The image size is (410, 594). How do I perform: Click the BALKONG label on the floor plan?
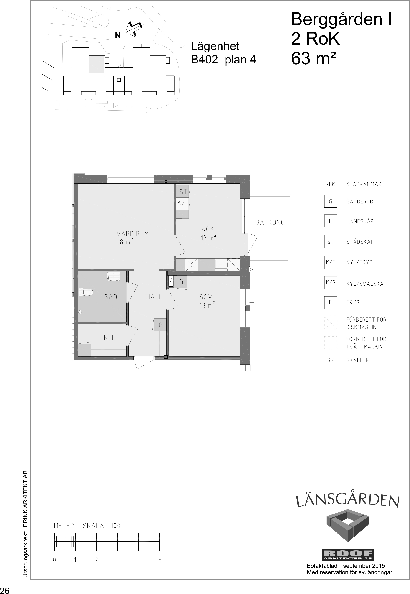pos(270,222)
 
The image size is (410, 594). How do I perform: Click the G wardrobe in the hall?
pos(160,325)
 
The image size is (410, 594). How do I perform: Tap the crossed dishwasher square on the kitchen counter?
pos(234,264)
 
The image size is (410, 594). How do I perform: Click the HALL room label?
pos(154,297)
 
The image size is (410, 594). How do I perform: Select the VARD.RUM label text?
pos(133,234)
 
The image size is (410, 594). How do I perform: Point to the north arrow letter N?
pos(118,35)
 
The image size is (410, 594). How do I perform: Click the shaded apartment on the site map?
pos(96,65)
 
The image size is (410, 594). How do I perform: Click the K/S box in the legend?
pos(331,282)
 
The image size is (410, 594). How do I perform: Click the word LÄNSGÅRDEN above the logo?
pos(348,500)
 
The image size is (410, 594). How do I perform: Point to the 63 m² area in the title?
pos(313,58)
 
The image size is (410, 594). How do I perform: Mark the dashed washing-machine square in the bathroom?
pos(120,315)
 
